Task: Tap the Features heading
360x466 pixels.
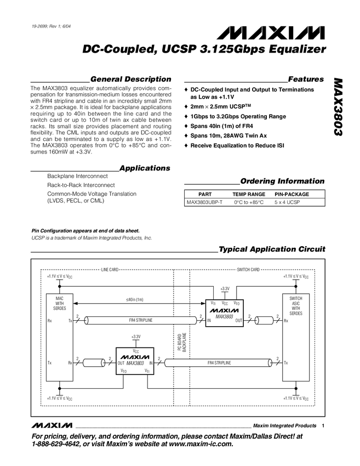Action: (306, 79)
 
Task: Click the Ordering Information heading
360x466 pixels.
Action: (282, 181)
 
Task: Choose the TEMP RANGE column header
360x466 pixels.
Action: (249, 194)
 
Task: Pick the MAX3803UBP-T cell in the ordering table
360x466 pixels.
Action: (205, 202)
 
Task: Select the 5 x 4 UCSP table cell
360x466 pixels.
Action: (292, 202)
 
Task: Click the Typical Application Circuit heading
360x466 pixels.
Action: (272, 249)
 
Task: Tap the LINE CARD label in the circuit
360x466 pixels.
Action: (110, 270)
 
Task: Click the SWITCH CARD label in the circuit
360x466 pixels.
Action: (248, 270)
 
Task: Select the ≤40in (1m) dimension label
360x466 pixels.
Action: (134, 299)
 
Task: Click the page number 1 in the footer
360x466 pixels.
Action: (323, 425)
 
